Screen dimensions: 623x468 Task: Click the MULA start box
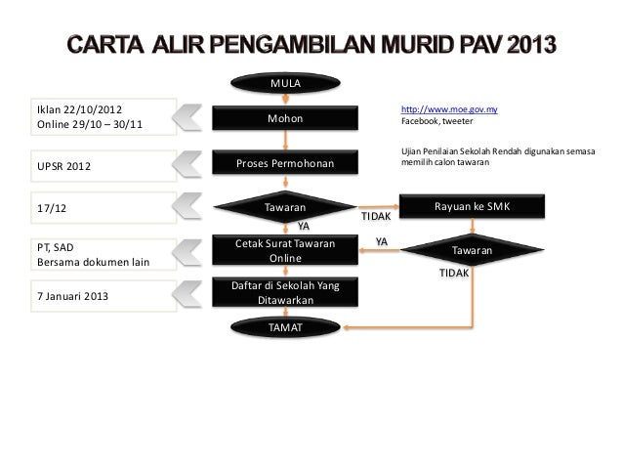(286, 84)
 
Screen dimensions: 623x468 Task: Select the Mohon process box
(286, 119)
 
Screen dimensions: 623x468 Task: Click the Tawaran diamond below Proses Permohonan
(286, 208)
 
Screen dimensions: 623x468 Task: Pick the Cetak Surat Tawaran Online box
(286, 250)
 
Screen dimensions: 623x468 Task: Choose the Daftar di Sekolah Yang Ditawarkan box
(286, 291)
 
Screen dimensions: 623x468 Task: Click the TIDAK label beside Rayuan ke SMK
(375, 216)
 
